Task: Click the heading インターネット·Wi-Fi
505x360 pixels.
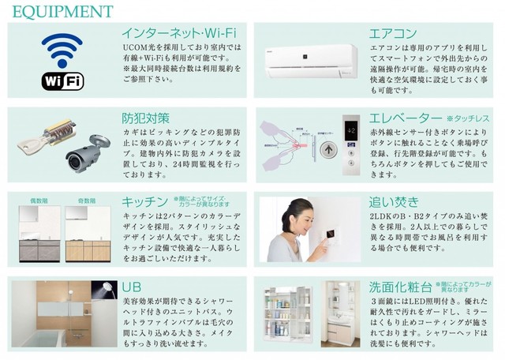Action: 179,34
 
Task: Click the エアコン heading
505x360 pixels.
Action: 393,34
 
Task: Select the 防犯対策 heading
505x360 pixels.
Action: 145,118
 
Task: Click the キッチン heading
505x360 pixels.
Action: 145,201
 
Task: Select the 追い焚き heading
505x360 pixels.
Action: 393,201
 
